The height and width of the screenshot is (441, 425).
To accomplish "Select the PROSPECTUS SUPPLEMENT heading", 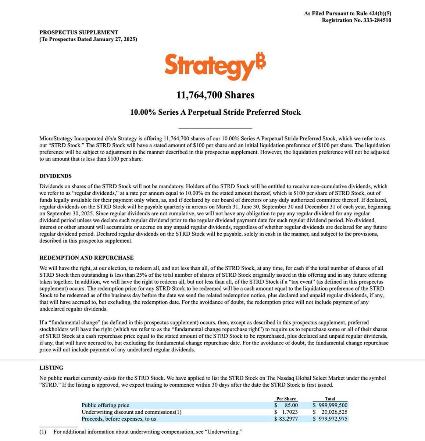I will [79, 32].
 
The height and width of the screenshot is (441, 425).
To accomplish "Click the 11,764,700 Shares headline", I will [215, 95].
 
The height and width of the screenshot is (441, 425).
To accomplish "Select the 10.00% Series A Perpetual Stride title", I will [215, 112].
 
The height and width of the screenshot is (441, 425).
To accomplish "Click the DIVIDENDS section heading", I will [56, 176].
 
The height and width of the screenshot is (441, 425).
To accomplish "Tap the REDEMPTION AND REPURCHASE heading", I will [86, 258].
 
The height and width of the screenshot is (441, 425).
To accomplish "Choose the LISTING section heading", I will [51, 367].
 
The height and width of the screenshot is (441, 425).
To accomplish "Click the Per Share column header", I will [286, 399].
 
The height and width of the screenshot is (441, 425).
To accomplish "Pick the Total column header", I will [330, 399].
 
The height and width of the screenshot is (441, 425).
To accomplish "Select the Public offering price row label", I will [106, 405].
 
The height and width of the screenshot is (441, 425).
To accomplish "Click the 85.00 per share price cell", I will [291, 405].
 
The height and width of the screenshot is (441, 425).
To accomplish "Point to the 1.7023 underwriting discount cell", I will [289, 412].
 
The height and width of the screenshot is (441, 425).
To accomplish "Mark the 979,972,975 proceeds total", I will [333, 419].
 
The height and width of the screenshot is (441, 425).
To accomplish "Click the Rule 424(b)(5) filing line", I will [347, 14].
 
